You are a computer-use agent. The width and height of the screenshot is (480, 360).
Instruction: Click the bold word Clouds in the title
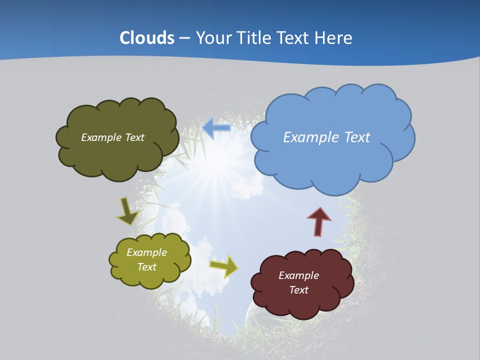tap(146, 37)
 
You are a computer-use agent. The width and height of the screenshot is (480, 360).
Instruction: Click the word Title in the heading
tap(250, 37)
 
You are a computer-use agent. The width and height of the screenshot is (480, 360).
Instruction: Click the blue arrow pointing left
tap(216, 128)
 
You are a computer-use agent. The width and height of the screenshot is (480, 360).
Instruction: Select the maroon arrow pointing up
tap(319, 221)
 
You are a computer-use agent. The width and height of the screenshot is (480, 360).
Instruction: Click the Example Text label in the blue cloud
tap(326, 137)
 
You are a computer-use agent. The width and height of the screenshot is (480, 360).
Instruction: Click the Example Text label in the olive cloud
tap(112, 137)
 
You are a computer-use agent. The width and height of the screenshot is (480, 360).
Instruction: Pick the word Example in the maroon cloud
tap(298, 275)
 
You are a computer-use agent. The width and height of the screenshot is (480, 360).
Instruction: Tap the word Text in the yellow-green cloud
tap(146, 267)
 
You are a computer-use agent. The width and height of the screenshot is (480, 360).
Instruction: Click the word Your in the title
tap(211, 37)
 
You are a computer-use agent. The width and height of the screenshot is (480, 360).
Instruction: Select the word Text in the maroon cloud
tap(298, 290)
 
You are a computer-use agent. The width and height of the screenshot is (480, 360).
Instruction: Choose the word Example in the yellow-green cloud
tap(146, 252)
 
